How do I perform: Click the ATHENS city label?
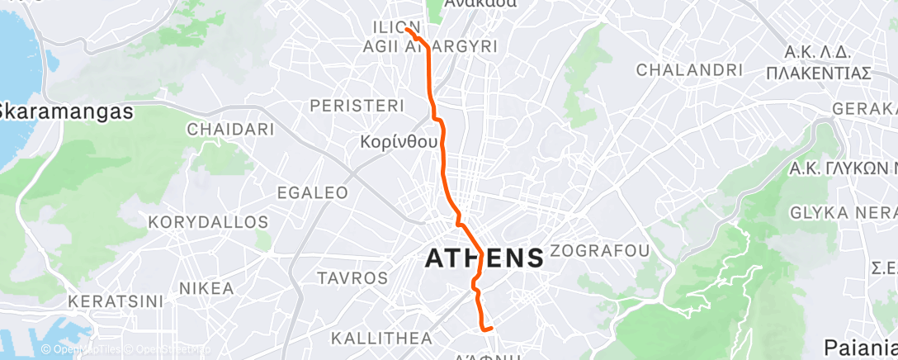(484, 258)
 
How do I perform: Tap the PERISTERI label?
(357, 106)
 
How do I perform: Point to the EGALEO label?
(313, 192)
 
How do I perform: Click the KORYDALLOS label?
(208, 223)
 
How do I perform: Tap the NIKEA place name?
(206, 289)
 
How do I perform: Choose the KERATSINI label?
(116, 301)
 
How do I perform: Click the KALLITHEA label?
(381, 339)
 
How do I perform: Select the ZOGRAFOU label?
(599, 250)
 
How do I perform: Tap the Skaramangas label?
(66, 111)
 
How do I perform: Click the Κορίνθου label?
(399, 142)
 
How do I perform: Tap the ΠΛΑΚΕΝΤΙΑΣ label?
(818, 73)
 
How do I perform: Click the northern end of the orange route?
(408, 31)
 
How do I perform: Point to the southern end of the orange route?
(492, 329)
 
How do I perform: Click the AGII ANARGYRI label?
(430, 47)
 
